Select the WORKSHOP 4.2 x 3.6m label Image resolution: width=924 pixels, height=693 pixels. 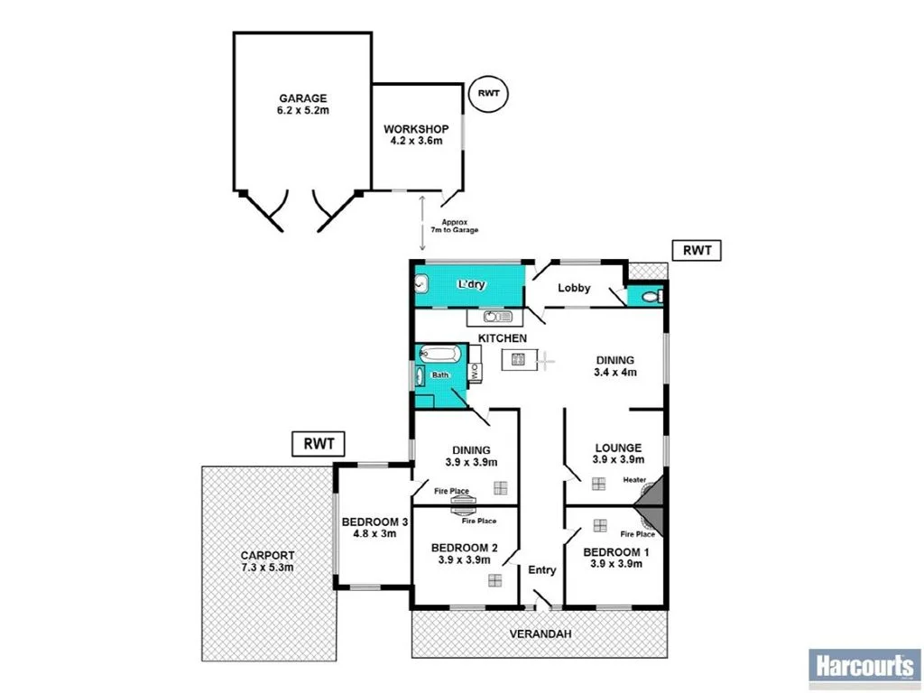416,136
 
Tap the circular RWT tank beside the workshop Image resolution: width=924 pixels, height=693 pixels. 488,93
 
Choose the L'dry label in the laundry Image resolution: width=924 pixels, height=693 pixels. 471,284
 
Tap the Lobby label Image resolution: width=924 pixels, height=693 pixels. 574,288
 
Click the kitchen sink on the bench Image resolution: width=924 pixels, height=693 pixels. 497,317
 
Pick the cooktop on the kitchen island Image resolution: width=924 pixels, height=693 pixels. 519,359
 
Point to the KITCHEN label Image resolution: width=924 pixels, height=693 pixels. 503,337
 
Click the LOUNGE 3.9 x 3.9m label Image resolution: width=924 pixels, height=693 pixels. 618,453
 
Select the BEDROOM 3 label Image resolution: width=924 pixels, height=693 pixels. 374,529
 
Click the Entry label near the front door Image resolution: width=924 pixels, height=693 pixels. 542,569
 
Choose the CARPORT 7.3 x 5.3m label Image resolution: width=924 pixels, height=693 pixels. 267,561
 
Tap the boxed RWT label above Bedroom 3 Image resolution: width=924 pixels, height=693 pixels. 319,443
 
